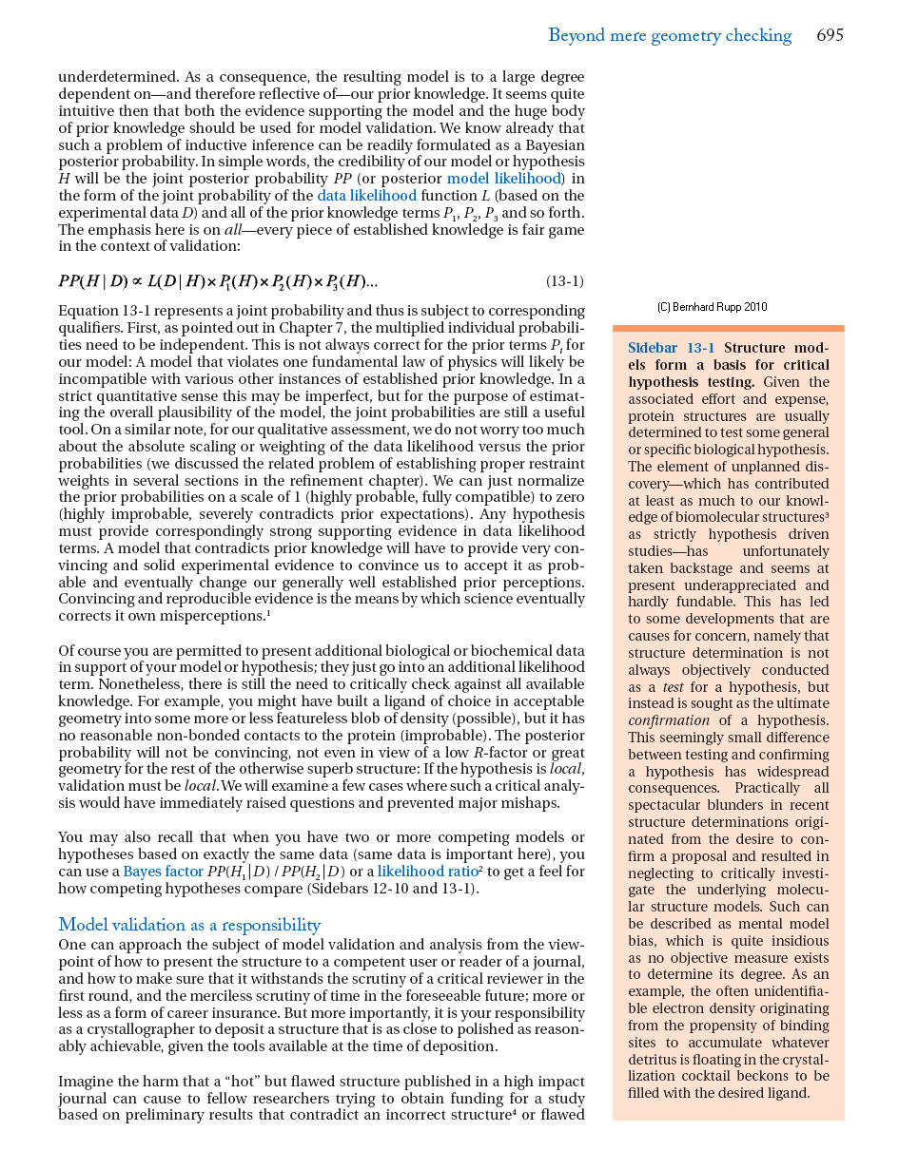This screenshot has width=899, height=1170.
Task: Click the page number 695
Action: (x=830, y=36)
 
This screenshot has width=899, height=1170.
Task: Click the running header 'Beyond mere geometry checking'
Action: (x=670, y=36)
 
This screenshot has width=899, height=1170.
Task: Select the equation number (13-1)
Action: (x=564, y=281)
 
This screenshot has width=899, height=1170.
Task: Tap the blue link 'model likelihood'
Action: (x=504, y=179)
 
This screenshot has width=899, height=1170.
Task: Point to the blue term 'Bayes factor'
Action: (x=164, y=872)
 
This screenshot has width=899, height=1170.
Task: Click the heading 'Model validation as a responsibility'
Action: (x=189, y=925)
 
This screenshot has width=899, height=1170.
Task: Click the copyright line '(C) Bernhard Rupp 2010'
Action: (x=712, y=307)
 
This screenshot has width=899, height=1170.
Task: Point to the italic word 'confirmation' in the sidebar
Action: (x=669, y=720)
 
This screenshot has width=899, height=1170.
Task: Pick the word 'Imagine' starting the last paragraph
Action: (x=86, y=1082)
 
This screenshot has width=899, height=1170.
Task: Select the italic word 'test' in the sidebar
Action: (x=673, y=687)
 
